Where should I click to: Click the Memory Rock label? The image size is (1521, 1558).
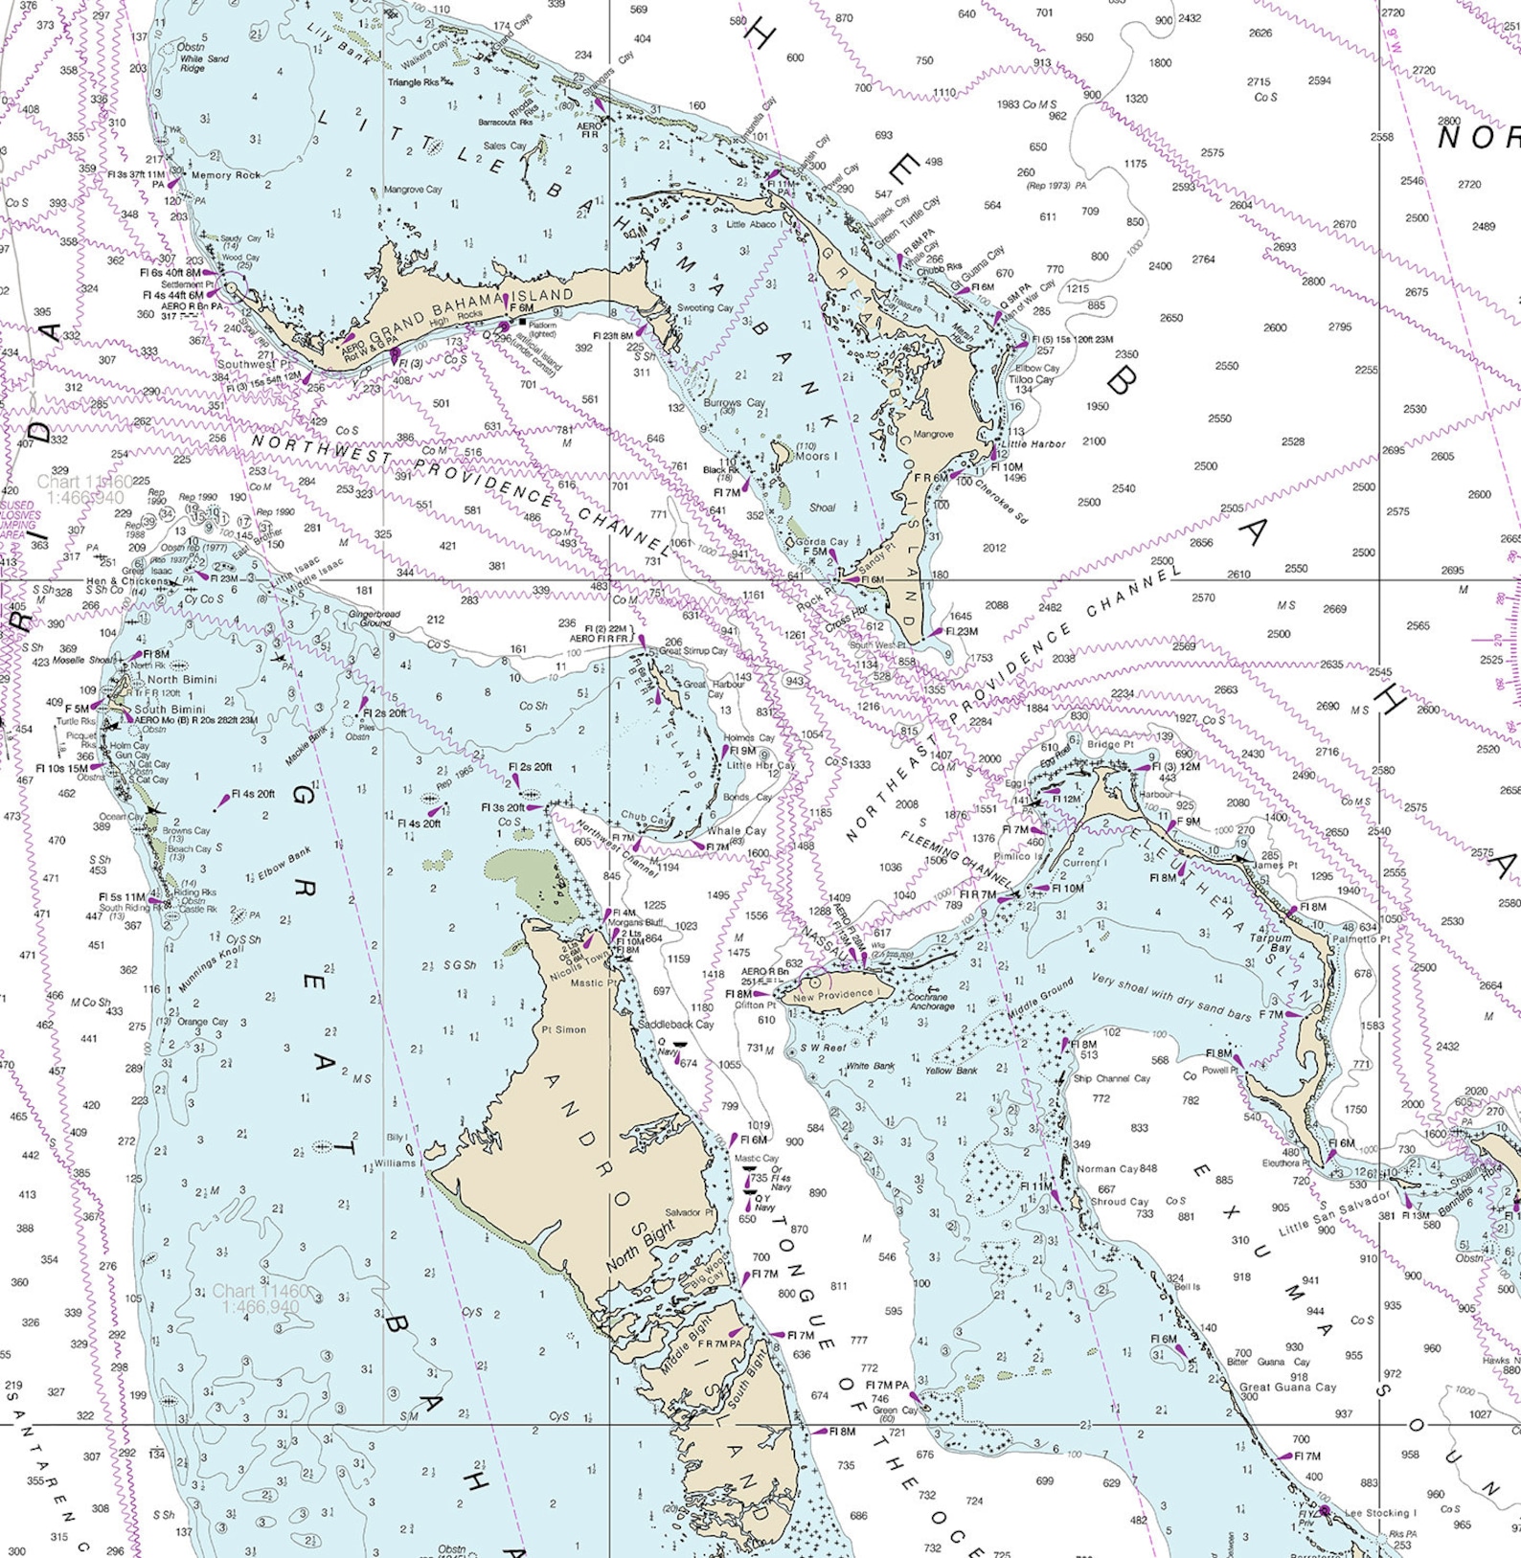[226, 175]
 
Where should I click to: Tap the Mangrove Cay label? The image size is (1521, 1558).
[413, 190]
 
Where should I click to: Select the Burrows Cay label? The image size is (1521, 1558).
[735, 403]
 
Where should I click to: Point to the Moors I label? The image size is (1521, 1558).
[817, 456]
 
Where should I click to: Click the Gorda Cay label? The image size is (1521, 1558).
[822, 542]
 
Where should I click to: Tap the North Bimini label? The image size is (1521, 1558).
[182, 679]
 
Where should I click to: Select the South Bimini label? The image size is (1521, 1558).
[170, 710]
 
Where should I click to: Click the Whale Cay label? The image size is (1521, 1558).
[737, 831]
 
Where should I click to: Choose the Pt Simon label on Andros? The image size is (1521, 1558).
[563, 1029]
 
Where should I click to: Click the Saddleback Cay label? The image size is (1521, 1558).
[676, 1024]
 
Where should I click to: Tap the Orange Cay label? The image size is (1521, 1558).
[202, 1022]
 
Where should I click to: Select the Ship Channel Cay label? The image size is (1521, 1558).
[1111, 1078]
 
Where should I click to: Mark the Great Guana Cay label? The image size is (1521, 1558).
[1287, 1387]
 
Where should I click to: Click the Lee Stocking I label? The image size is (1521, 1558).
[1380, 1513]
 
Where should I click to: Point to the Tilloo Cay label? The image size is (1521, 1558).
[1033, 379]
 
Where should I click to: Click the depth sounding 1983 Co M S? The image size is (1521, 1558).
[1027, 104]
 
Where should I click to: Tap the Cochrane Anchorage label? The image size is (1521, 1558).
[932, 1001]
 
